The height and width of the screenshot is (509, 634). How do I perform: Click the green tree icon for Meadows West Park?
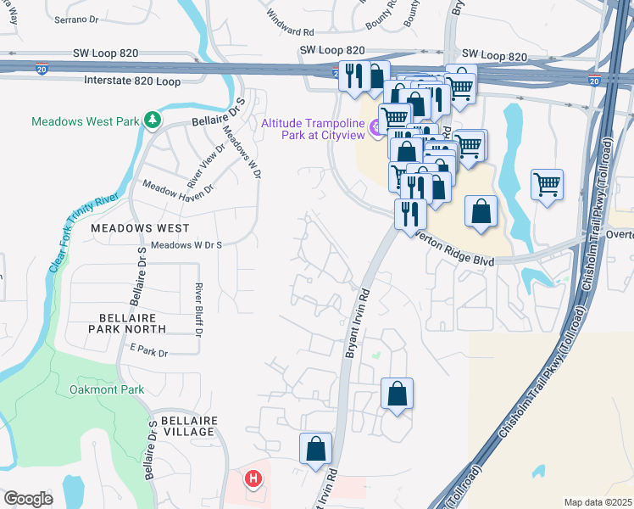pyautogui.click(x=152, y=121)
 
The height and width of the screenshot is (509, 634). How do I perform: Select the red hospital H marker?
pyautogui.click(x=253, y=479)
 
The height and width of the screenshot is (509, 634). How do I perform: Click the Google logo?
pyautogui.click(x=28, y=498)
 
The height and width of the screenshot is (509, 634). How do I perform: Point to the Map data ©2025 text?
pyautogui.click(x=598, y=502)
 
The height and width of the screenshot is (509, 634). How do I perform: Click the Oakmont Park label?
pyautogui.click(x=107, y=389)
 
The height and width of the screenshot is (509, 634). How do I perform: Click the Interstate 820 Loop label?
pyautogui.click(x=133, y=81)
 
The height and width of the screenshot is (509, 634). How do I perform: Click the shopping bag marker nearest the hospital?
pyautogui.click(x=315, y=449)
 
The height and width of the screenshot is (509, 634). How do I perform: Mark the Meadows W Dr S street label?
pyautogui.click(x=186, y=245)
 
